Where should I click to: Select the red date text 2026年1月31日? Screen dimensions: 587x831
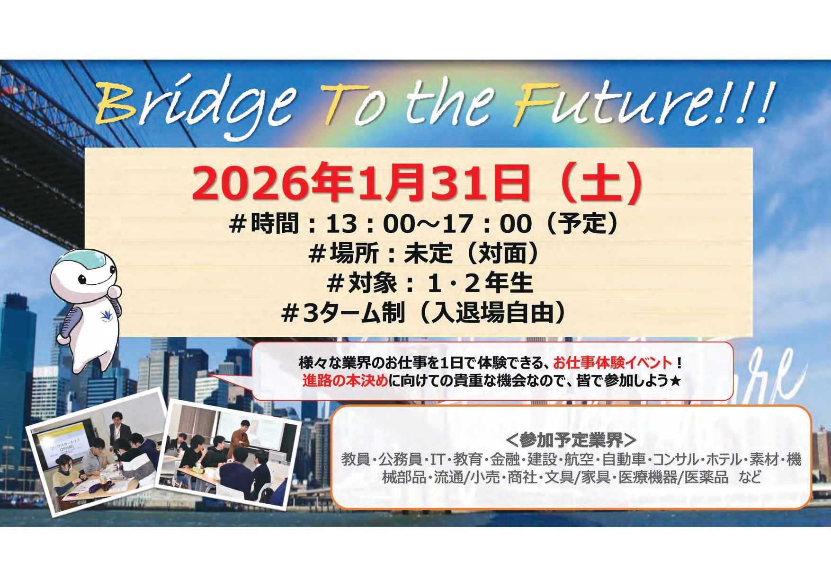pyautogui.click(x=360, y=184)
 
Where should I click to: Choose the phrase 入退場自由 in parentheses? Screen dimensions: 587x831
pyautogui.click(x=492, y=313)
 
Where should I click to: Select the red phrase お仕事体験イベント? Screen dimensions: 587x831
pyautogui.click(x=612, y=363)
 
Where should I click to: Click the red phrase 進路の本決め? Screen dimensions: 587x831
pyautogui.click(x=345, y=381)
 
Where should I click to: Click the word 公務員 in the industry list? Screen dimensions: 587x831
pyautogui.click(x=400, y=459)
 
